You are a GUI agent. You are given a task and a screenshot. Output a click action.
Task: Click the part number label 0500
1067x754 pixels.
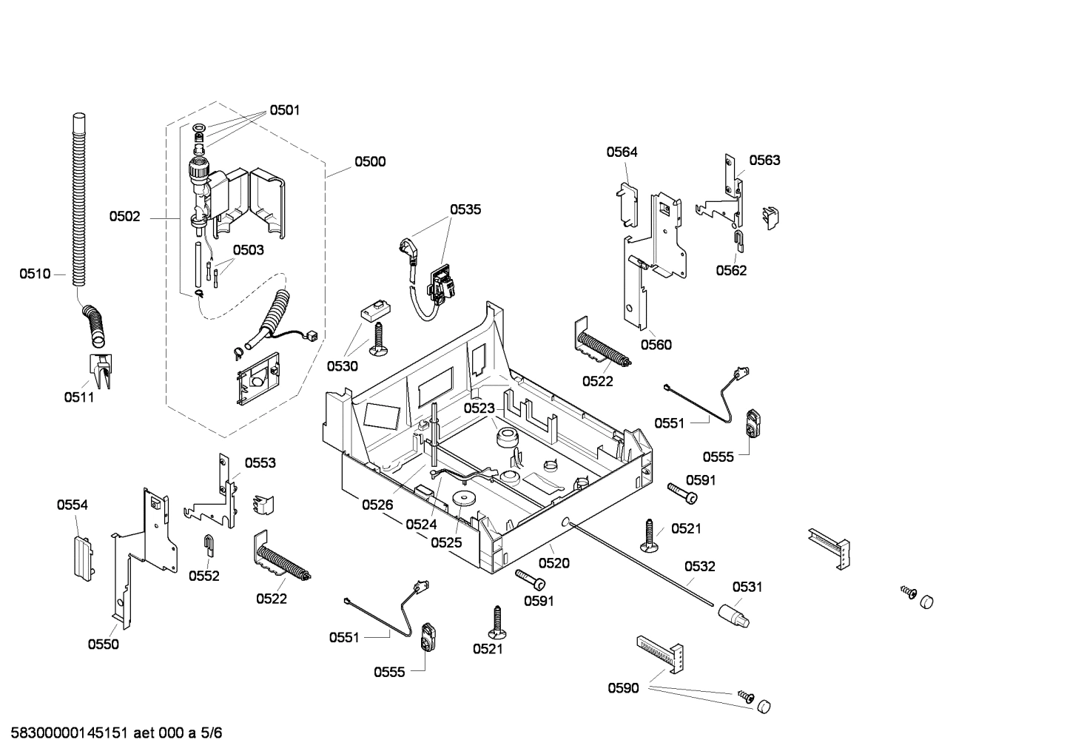(369, 162)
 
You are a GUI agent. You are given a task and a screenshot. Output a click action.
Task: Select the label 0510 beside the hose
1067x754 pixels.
(35, 275)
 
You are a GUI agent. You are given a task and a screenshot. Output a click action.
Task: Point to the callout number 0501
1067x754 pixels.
(284, 110)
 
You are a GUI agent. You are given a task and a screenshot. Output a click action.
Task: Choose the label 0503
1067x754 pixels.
(248, 250)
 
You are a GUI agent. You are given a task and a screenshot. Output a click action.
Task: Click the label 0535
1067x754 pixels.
(465, 209)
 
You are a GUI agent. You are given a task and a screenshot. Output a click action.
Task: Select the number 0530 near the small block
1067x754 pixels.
(343, 366)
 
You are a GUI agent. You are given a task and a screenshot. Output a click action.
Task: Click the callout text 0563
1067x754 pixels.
(764, 161)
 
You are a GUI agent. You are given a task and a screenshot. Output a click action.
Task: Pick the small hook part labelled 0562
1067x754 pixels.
(739, 238)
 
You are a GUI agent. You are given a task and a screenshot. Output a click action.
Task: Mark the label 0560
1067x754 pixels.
(656, 345)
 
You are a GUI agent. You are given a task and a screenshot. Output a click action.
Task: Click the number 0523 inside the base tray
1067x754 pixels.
(479, 408)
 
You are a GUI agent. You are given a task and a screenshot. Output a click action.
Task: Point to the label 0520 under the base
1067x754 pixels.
(553, 563)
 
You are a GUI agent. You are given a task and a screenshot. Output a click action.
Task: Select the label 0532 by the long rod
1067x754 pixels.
(699, 567)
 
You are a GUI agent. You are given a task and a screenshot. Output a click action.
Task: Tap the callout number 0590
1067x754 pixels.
(623, 689)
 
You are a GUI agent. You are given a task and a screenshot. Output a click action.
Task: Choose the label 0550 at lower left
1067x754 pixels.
(103, 644)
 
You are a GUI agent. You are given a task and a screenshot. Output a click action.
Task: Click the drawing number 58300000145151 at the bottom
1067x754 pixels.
(67, 733)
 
